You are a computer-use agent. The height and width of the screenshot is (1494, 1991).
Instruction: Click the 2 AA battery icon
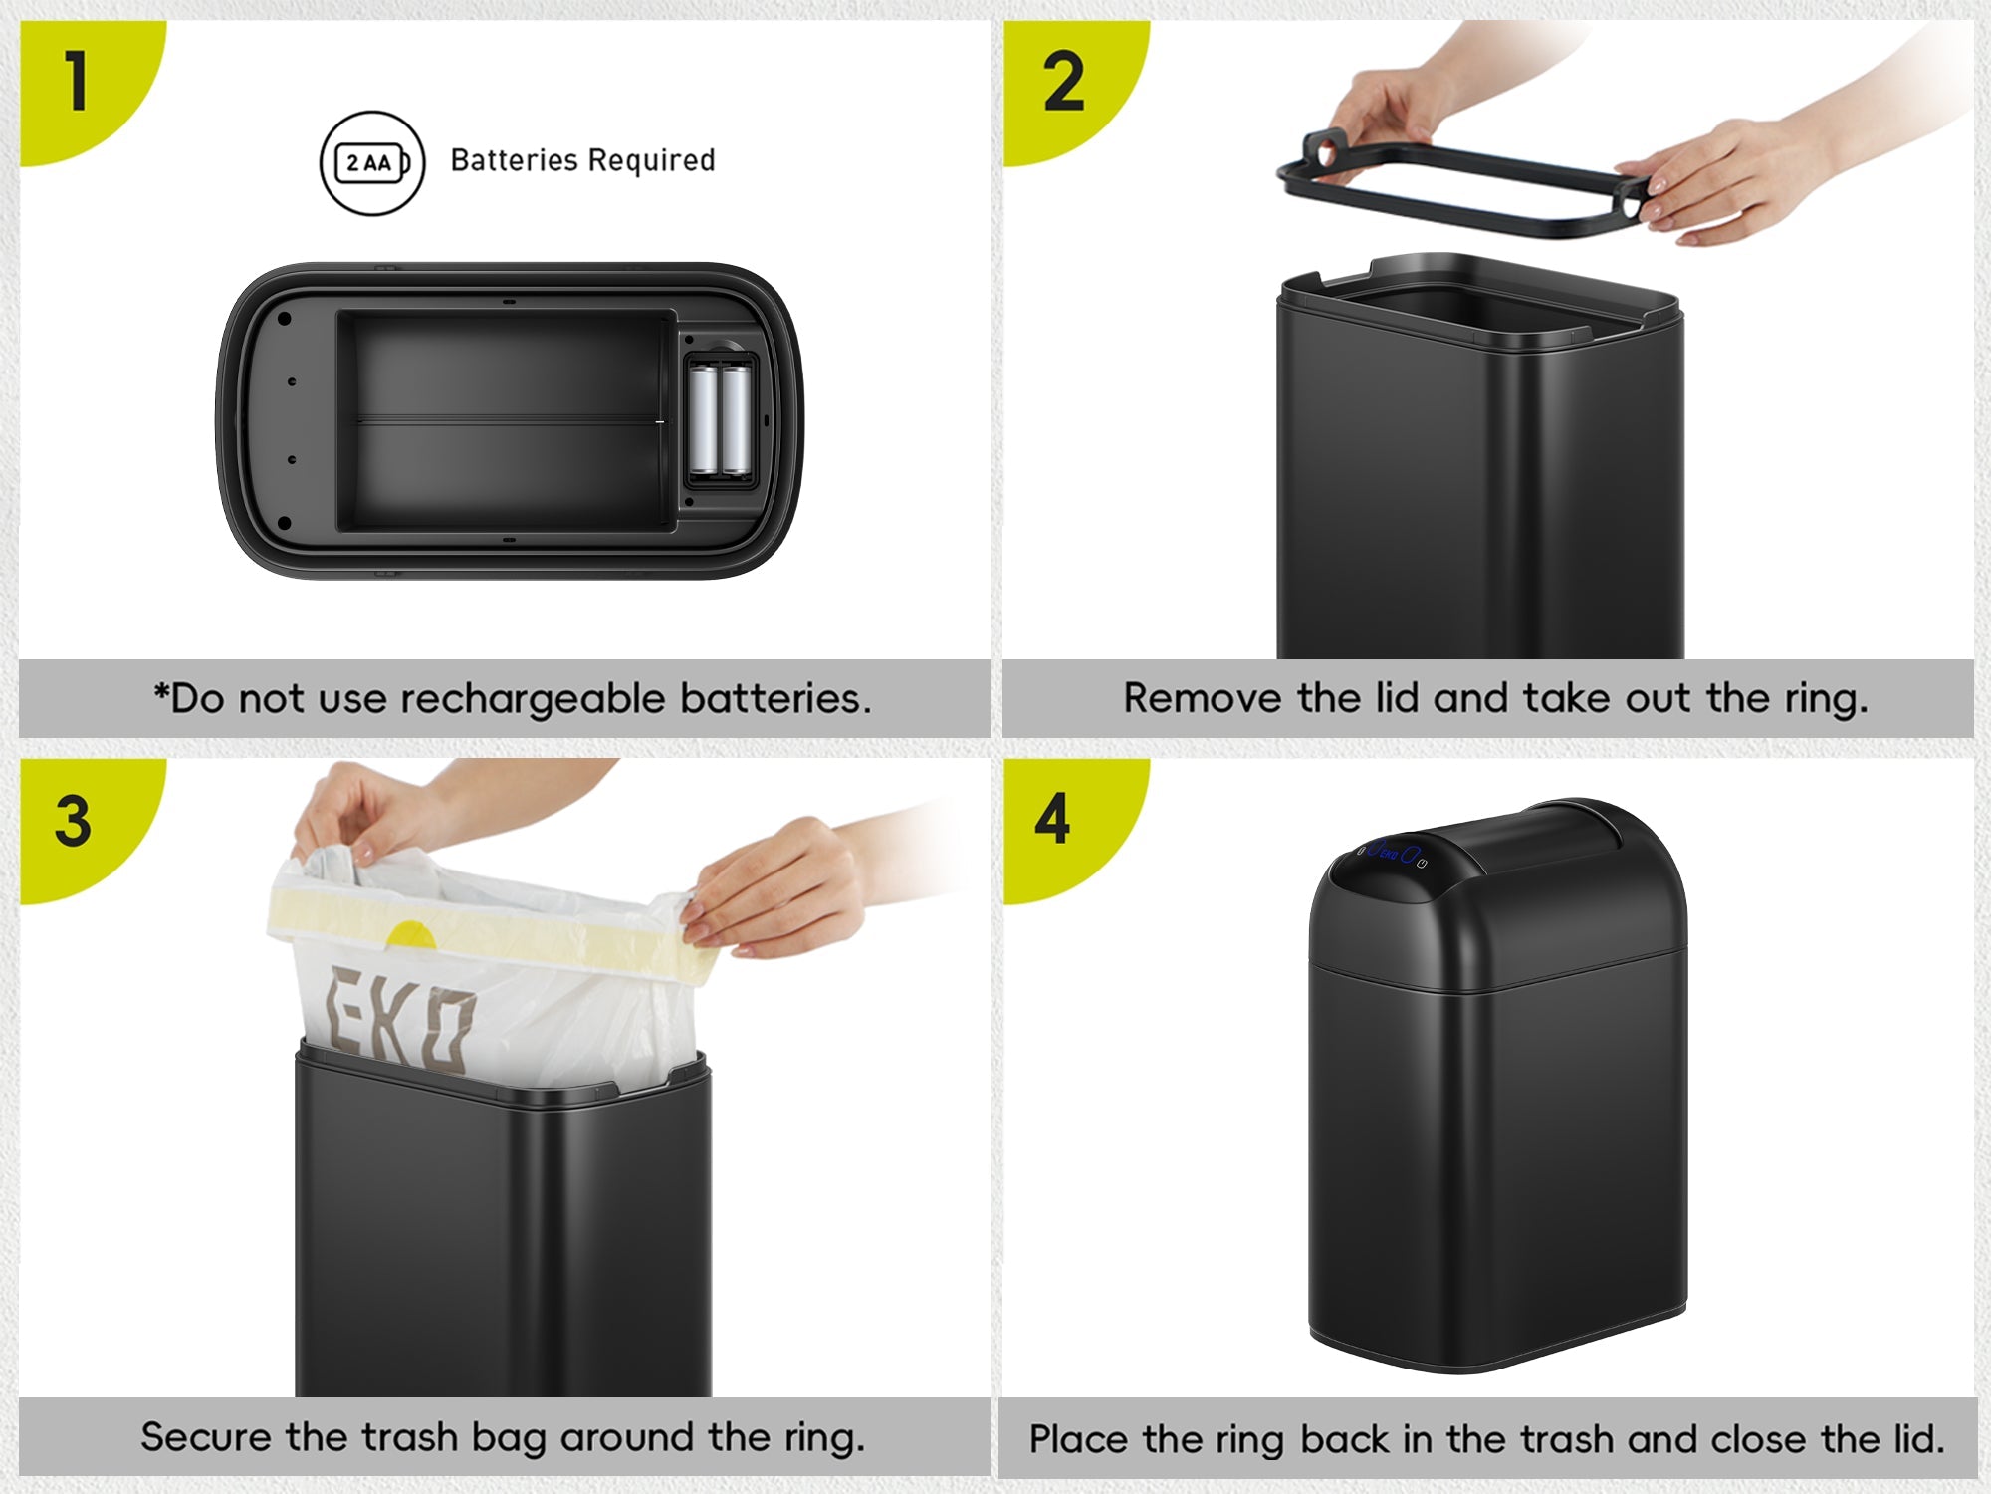click(372, 162)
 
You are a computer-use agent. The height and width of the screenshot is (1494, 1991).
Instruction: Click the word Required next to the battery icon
click(652, 161)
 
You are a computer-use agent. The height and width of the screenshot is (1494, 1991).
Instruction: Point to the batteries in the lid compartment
click(722, 419)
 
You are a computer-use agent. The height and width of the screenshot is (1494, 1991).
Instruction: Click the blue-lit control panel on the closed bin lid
click(1393, 854)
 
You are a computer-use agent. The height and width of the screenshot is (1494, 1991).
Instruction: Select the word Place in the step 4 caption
click(1080, 1440)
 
